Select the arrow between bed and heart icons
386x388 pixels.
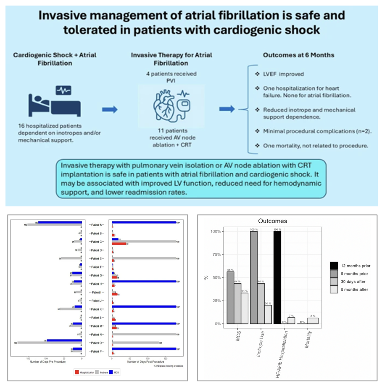coord(110,109)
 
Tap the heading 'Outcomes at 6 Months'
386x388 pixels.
coord(298,55)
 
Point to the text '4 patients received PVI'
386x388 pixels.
coord(171,77)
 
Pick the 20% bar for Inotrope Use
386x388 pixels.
coord(268,314)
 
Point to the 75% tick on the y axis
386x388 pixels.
coord(216,255)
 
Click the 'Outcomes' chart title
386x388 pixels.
coord(272,221)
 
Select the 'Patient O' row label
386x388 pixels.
coord(96,343)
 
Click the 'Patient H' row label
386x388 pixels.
coord(96,284)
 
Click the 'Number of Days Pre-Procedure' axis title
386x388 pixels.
coord(48,362)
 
